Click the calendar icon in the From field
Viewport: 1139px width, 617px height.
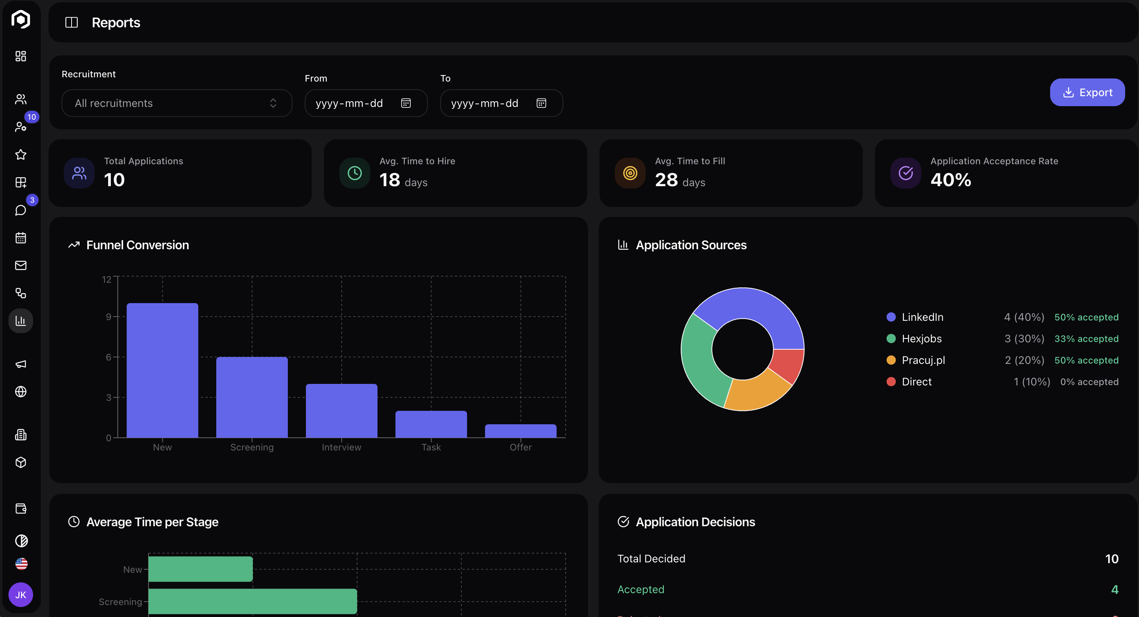(406, 103)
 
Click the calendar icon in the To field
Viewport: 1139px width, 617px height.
(541, 103)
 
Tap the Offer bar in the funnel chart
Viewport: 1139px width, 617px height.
(520, 431)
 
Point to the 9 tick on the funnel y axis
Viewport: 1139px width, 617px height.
(109, 317)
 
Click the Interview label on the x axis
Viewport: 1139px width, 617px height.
(341, 447)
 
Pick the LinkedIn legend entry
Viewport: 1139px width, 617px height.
(922, 317)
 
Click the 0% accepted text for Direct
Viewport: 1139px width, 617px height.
(1089, 382)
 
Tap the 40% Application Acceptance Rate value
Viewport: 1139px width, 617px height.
(950, 180)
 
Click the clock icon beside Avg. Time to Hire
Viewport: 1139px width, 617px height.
(355, 173)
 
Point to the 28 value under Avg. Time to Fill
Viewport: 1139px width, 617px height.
(666, 180)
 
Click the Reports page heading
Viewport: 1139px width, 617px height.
(116, 23)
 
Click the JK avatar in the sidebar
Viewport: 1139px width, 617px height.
(21, 594)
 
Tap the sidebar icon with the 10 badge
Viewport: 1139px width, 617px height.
(21, 127)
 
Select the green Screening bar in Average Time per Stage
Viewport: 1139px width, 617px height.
(252, 601)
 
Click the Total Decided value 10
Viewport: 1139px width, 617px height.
(1111, 559)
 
